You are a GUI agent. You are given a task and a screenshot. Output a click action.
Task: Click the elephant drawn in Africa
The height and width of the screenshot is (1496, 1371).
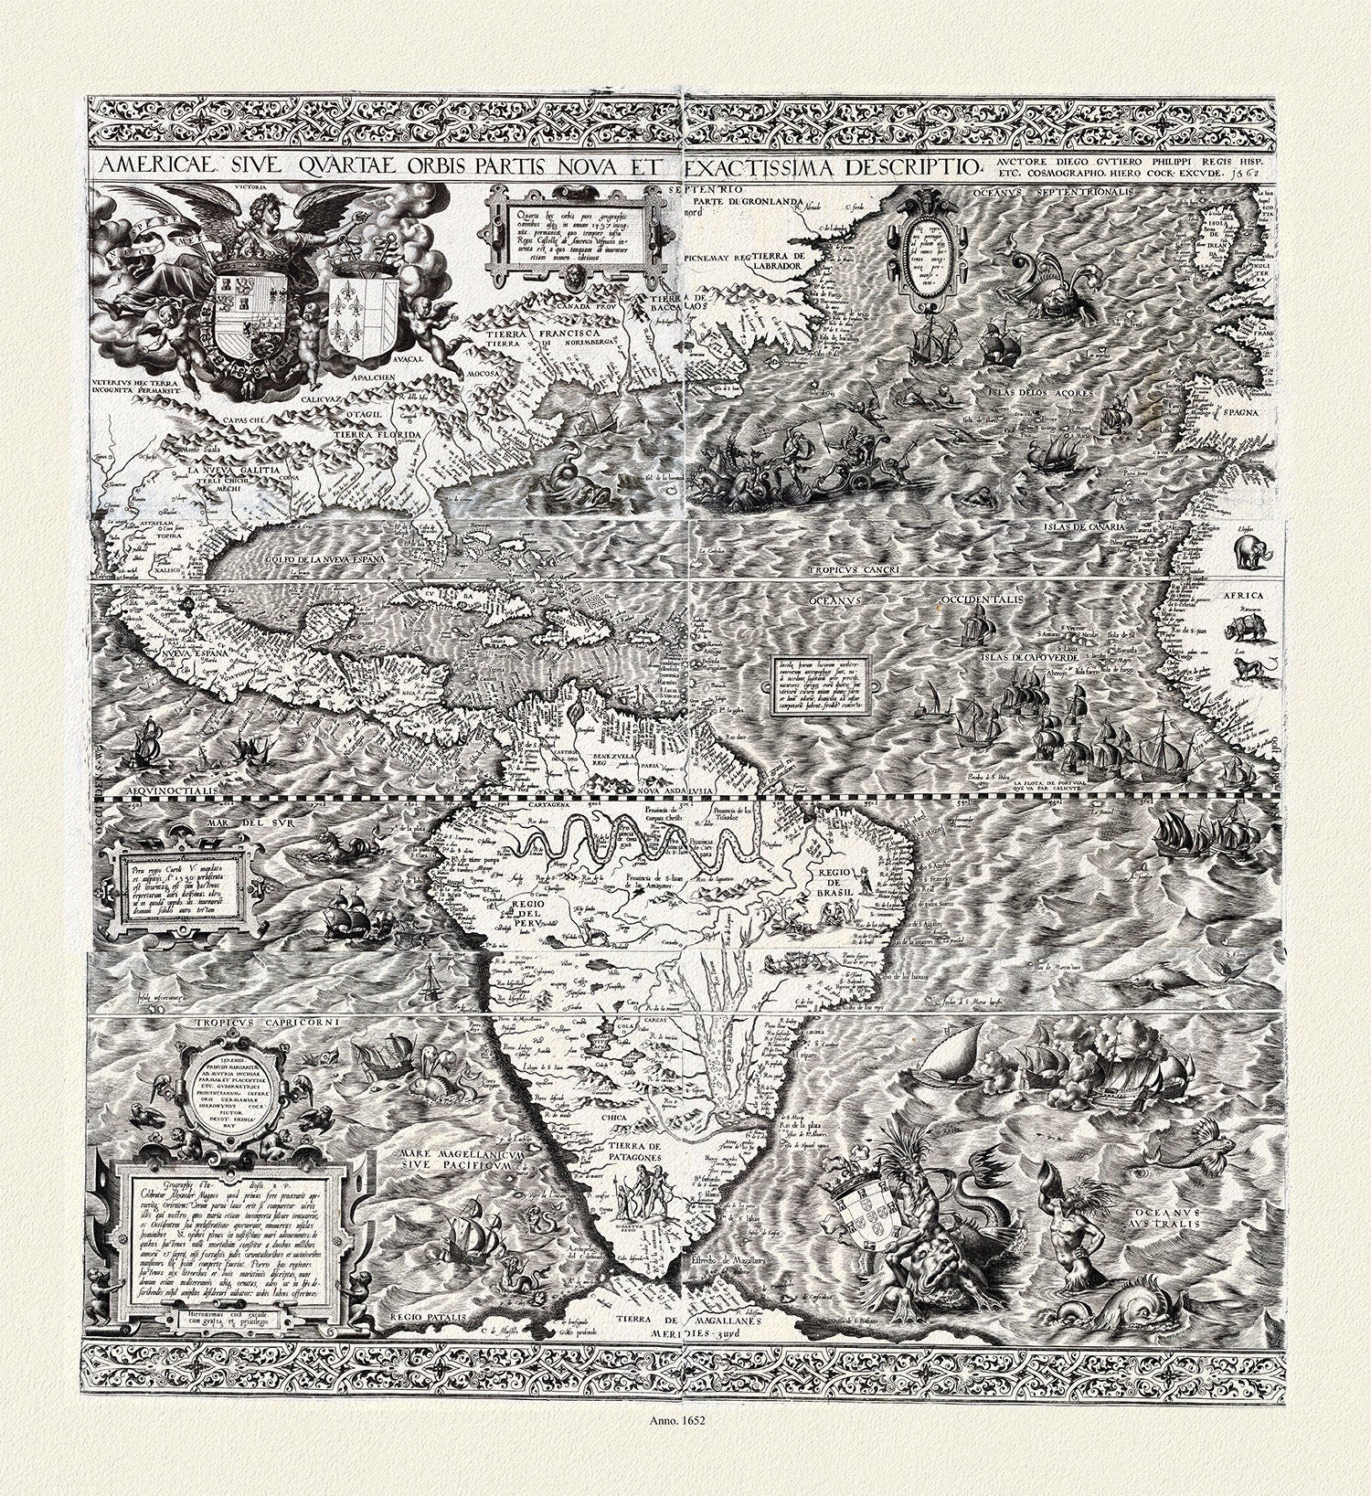(x=1249, y=552)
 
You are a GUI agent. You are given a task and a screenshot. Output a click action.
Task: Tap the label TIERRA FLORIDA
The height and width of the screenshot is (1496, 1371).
(x=376, y=434)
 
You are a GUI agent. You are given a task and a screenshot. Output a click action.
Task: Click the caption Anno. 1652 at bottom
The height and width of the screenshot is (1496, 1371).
(x=685, y=1446)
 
